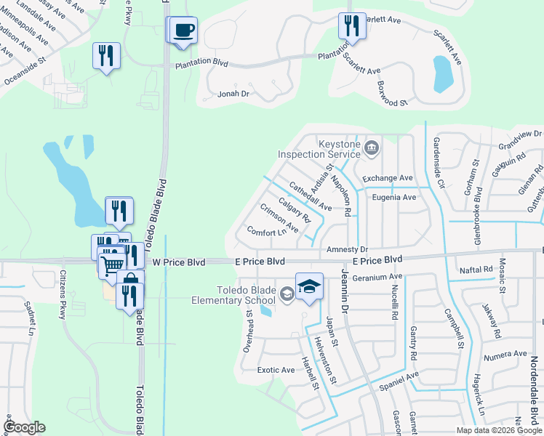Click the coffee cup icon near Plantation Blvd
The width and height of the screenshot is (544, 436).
tap(184, 30)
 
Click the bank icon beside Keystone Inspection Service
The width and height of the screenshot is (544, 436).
tap(372, 149)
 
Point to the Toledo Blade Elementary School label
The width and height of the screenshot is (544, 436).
tap(233, 294)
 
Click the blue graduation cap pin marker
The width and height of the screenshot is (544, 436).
tap(309, 286)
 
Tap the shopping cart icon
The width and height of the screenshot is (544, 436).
tap(112, 265)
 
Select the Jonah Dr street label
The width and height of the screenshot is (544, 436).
tap(233, 94)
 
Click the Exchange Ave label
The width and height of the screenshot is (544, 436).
tap(388, 178)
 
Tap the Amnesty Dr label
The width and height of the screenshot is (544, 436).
tap(348, 249)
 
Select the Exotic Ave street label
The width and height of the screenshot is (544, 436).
tap(276, 370)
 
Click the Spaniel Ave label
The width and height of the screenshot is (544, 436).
tap(399, 379)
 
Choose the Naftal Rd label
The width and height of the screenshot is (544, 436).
tap(477, 270)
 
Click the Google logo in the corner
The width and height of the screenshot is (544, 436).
tap(24, 427)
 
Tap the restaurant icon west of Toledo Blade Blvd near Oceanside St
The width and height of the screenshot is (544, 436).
tap(106, 55)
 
